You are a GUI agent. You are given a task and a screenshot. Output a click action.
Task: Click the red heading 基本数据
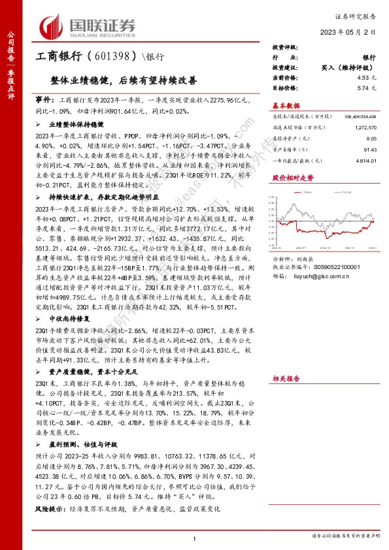tap(286, 105)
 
